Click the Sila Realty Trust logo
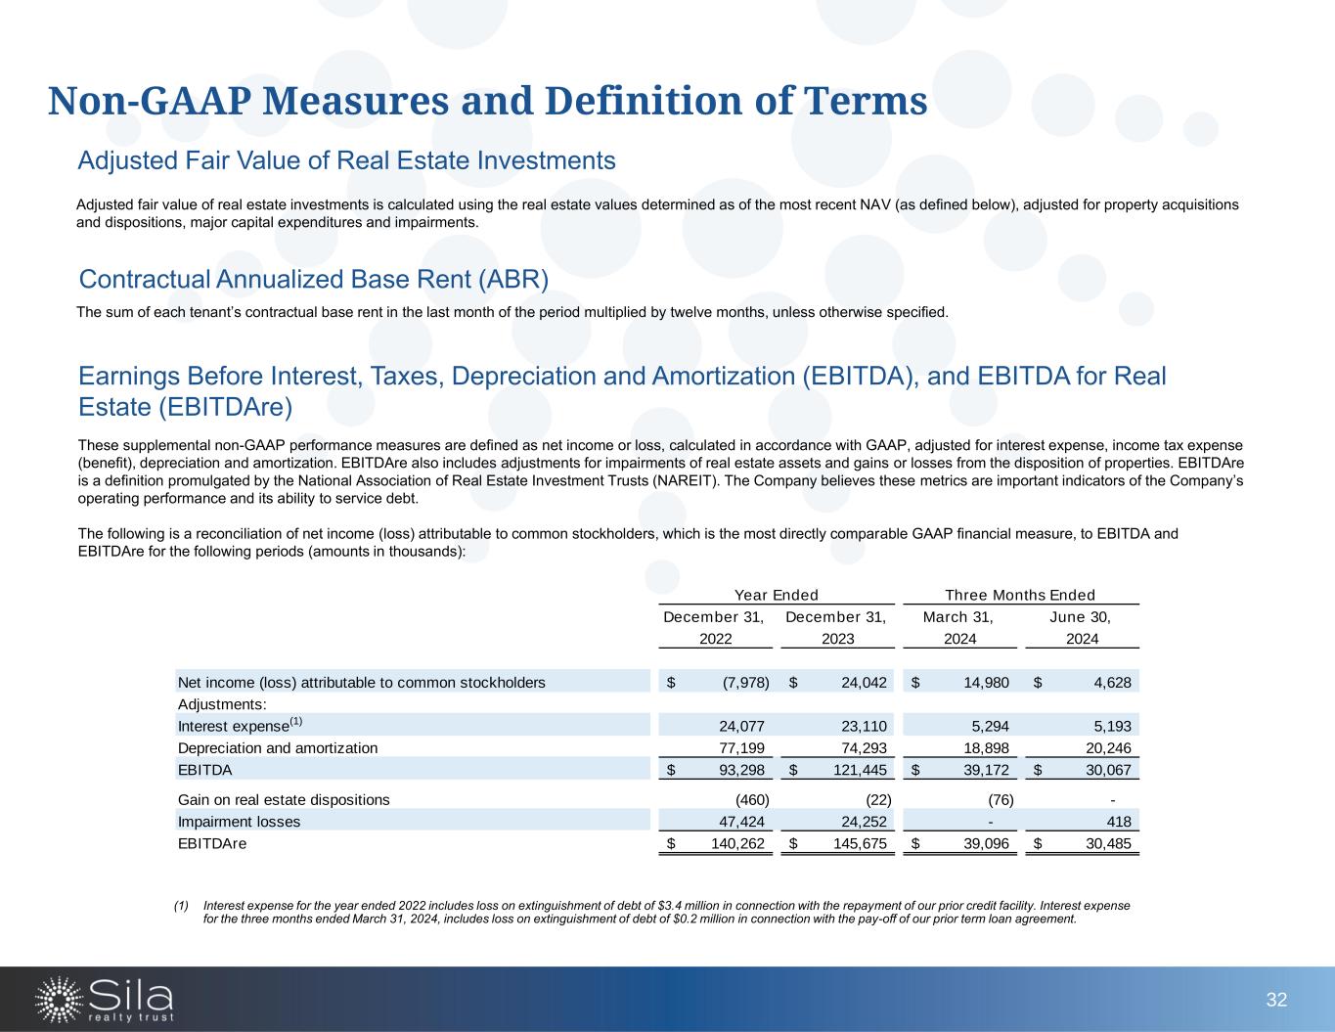[105, 999]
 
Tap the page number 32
[1276, 1000]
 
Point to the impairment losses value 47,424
[741, 822]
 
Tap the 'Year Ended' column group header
[776, 595]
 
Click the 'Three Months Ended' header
[1020, 595]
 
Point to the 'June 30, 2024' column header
[1081, 628]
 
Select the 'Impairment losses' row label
[239, 822]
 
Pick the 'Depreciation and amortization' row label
[277, 748]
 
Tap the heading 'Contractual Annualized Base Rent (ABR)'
[313, 280]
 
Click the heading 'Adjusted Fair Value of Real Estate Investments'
[346, 160]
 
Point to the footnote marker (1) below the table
[182, 906]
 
